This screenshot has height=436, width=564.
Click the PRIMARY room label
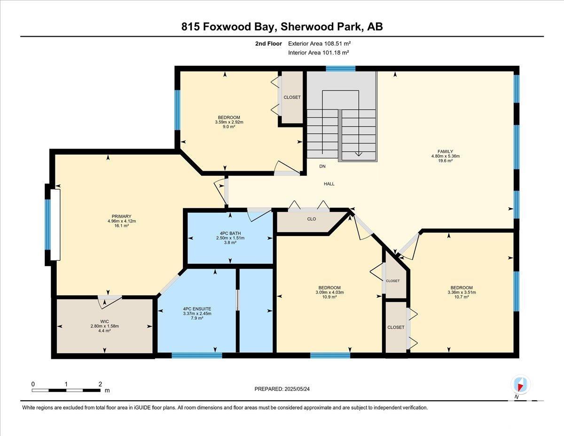coord(121,216)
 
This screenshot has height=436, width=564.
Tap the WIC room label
coord(104,322)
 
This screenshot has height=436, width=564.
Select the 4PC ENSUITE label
coord(197,309)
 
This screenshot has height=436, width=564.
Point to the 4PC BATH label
coord(230,233)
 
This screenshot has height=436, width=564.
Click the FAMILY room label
coord(446,151)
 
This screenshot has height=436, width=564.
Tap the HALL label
coord(329,184)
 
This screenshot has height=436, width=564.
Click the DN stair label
coord(322,166)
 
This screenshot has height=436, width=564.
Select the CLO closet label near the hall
coord(312,219)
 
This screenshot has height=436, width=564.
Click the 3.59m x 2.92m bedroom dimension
coord(229,122)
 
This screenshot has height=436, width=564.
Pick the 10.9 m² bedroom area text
coord(329,297)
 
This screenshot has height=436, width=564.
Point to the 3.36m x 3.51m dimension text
coord(462,292)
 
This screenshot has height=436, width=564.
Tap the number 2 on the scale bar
coord(100,384)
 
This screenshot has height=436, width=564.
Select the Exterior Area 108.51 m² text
coord(320,44)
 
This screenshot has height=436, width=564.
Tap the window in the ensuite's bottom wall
coord(197,355)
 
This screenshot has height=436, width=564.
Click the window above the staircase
coord(341,69)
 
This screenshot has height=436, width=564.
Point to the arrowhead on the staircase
coord(359,154)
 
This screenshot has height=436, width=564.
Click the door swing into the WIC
coord(110,302)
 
